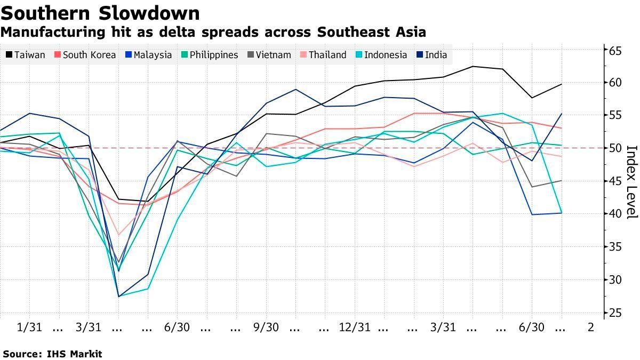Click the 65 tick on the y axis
click(x=616, y=51)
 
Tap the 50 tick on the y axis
click(x=616, y=148)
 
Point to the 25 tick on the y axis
click(x=616, y=313)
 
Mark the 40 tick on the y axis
click(x=616, y=214)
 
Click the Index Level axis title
click(x=631, y=181)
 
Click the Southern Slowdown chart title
click(x=100, y=13)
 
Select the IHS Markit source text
click(x=74, y=354)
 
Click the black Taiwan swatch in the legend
click(x=9, y=55)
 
